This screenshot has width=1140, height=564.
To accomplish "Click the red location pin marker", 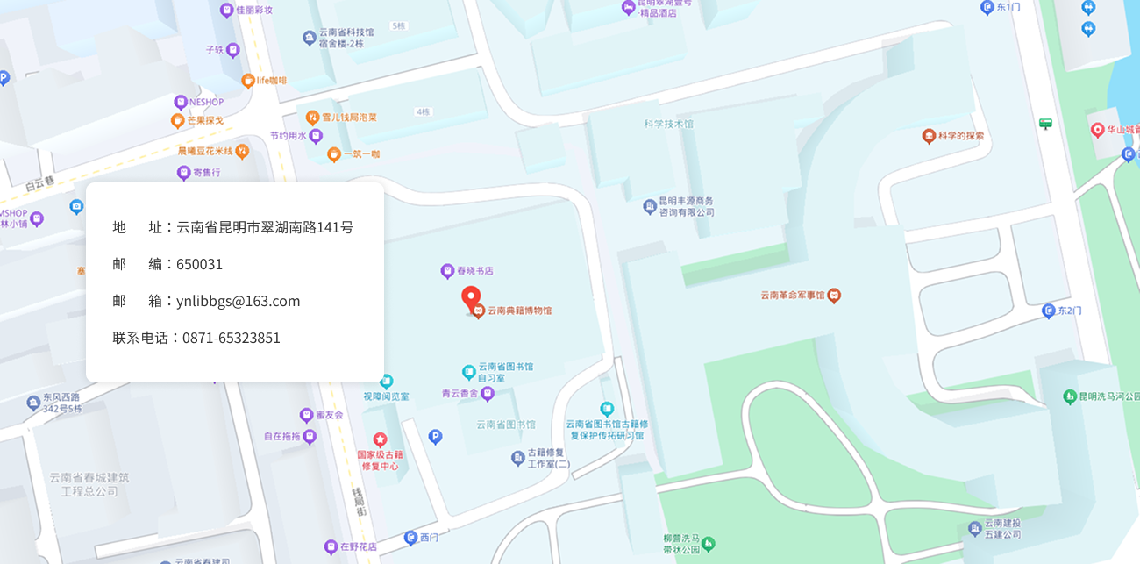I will [471, 296].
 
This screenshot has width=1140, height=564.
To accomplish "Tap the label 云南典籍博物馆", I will [520, 311].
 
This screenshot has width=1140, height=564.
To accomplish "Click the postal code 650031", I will [199, 264].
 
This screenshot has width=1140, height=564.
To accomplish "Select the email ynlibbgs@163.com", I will [238, 301].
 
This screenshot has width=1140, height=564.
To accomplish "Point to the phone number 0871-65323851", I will [231, 338].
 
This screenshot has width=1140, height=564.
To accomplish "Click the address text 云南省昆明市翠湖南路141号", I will [265, 227].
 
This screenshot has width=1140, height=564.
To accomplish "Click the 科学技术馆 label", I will [668, 124].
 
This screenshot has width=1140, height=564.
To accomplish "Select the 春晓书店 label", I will [474, 270].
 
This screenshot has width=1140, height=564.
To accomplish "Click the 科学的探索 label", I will [960, 136].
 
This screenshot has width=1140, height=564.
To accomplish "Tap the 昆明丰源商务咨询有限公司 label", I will [686, 206].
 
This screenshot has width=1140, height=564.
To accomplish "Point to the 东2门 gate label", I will [1069, 311].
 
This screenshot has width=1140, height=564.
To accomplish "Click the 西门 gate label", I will [428, 537].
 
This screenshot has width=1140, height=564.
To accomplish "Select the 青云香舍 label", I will [460, 395].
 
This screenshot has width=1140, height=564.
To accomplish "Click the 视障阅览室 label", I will [386, 396].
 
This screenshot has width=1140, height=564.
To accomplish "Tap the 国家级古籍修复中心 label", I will [380, 460].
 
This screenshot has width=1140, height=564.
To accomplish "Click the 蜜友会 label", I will [329, 414].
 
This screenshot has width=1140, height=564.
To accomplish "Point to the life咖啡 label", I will [271, 81].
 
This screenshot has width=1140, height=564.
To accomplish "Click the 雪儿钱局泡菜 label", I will [349, 117].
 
